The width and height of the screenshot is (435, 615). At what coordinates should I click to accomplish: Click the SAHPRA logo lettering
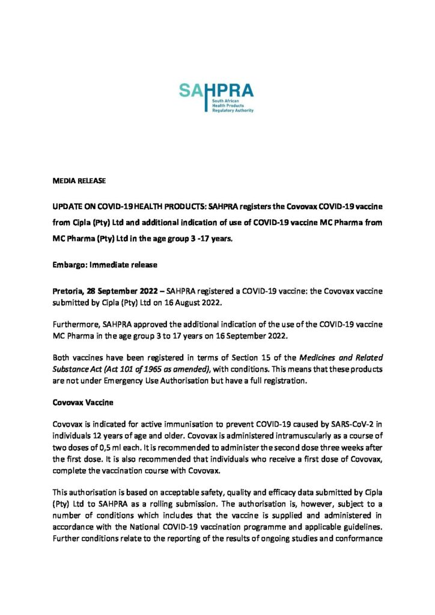(216, 92)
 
